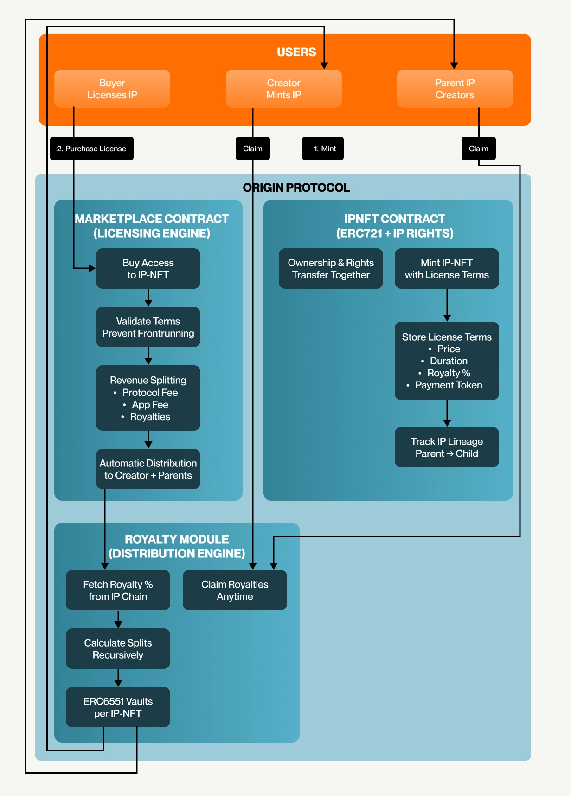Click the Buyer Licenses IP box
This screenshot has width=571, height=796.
pyautogui.click(x=112, y=89)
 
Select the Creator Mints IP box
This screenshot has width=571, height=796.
pyautogui.click(x=283, y=89)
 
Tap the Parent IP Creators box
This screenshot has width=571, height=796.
pyautogui.click(x=455, y=89)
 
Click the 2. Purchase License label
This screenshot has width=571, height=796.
pyautogui.click(x=91, y=149)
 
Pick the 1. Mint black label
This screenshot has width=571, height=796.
pyautogui.click(x=322, y=149)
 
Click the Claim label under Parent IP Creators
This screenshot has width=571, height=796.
pyautogui.click(x=478, y=149)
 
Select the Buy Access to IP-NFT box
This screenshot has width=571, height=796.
pyautogui.click(x=148, y=269)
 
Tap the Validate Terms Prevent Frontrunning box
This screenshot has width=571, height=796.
pyautogui.click(x=148, y=327)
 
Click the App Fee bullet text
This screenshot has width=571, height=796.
pyautogui.click(x=150, y=405)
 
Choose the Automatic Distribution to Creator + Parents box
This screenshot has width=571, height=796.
pyautogui.click(x=148, y=469)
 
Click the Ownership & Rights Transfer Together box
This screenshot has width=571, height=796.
pyautogui.click(x=331, y=269)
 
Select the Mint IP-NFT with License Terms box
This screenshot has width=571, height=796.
pyautogui.click(x=447, y=269)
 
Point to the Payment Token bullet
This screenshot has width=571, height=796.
pyautogui.click(x=449, y=385)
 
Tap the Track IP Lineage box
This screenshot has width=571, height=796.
pyautogui.click(x=447, y=447)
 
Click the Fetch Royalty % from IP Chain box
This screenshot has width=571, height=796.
pyautogui.click(x=118, y=590)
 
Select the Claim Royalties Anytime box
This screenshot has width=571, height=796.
pyautogui.click(x=235, y=590)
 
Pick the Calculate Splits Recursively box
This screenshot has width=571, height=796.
pyautogui.click(x=118, y=649)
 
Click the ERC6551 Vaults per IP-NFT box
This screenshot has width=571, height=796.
pyautogui.click(x=118, y=707)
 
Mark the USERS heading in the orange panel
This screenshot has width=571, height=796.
pyautogui.click(x=296, y=52)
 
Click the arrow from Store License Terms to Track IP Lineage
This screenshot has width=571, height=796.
pyautogui.click(x=447, y=413)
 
